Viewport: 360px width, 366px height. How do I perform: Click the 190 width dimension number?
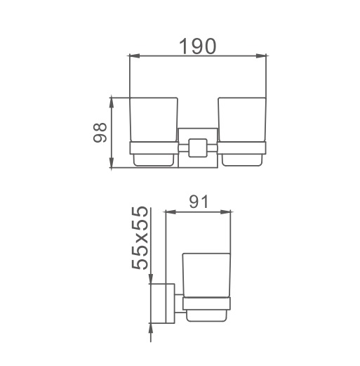pyautogui.click(x=197, y=46)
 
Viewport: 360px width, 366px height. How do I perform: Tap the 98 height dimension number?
pyautogui.click(x=100, y=132)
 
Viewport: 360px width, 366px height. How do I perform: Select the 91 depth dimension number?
pyautogui.click(x=199, y=202)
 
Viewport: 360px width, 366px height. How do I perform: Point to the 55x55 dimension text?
pyautogui.click(x=140, y=238)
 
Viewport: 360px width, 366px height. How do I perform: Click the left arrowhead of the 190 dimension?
pyautogui.click(x=135, y=55)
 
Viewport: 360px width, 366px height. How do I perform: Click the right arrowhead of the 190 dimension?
pyautogui.click(x=261, y=55)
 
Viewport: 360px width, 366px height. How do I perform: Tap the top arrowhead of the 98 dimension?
pyautogui.click(x=112, y=103)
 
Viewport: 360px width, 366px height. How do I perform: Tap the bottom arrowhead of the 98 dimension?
pyautogui.click(x=112, y=162)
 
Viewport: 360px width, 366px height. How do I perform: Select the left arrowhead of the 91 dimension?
pyautogui.click(x=171, y=212)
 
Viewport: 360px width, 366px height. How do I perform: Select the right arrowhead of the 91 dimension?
pyautogui.click(x=225, y=212)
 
